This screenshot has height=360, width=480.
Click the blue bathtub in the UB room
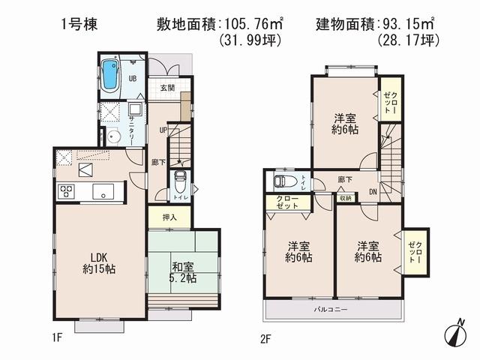pos(111,73)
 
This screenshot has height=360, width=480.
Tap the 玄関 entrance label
pos(169,88)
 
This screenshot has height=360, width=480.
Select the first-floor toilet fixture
pos(180,183)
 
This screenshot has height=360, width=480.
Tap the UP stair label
pos(163,130)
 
